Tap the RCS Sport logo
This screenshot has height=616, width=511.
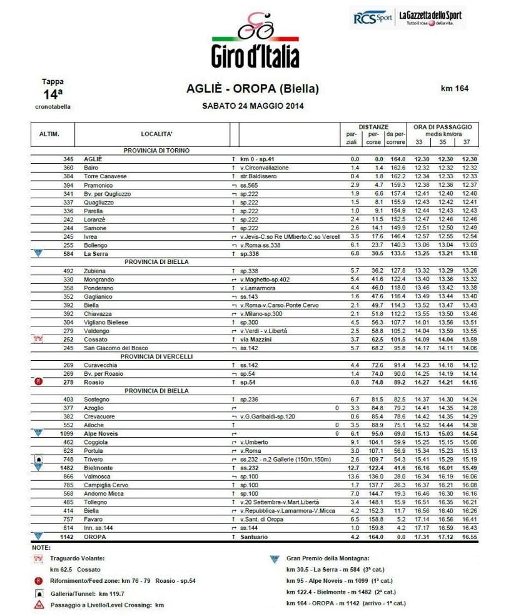pos(372,18)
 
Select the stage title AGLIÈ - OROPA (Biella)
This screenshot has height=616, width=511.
pos(253,89)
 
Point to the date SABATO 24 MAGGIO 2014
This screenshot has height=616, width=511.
pos(253,106)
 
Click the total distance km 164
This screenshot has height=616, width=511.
pos(454,88)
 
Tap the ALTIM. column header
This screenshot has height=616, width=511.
pos(49,134)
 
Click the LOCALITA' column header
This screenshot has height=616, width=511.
pos(156,134)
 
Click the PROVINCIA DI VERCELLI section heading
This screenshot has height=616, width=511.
pos(156,356)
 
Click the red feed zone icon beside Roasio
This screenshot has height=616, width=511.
pos(39,381)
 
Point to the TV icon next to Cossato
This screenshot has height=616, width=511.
pos(38,339)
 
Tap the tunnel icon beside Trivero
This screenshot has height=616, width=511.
pos(39,458)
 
